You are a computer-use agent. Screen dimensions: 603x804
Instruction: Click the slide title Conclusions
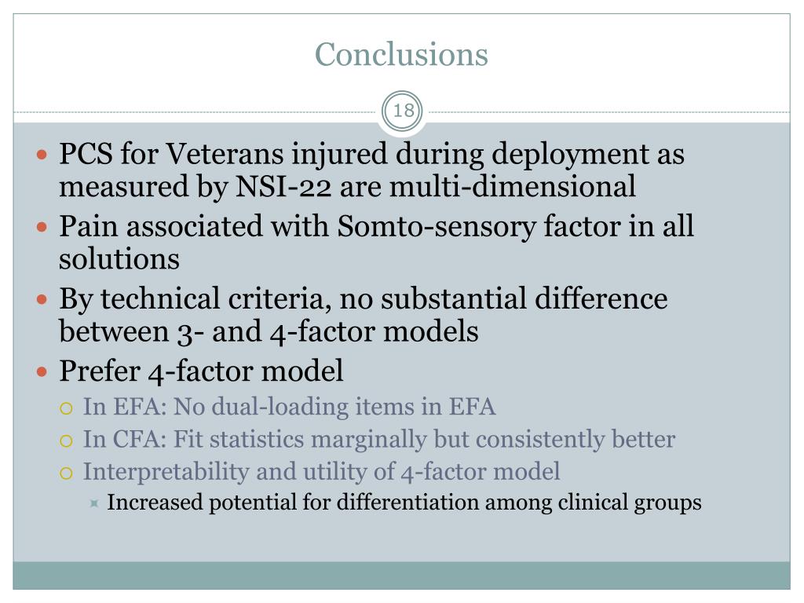pyautogui.click(x=401, y=54)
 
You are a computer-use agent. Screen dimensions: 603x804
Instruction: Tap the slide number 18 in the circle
pyautogui.click(x=403, y=111)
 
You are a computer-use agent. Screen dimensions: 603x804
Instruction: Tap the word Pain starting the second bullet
pyautogui.click(x=89, y=227)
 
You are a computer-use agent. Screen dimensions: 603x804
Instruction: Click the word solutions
pyautogui.click(x=119, y=259)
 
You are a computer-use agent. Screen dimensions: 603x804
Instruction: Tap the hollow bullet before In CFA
pyautogui.click(x=68, y=440)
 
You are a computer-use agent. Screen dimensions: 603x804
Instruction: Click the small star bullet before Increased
pyautogui.click(x=94, y=502)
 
